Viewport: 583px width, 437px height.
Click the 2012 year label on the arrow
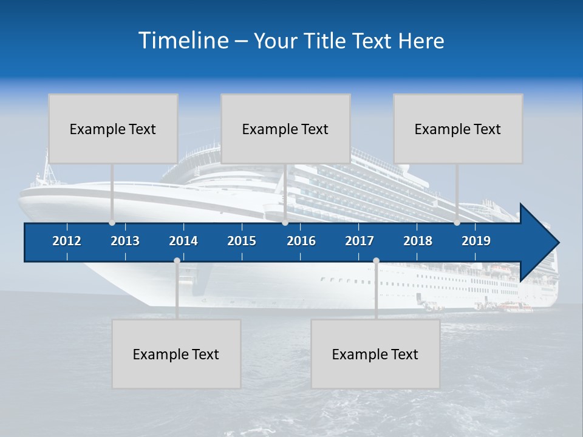[67, 241]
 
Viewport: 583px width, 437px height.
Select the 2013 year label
[125, 241]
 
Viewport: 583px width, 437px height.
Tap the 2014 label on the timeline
[183, 241]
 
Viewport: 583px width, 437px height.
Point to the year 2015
[242, 241]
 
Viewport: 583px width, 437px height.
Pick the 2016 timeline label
[301, 241]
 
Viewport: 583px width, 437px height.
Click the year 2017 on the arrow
[360, 241]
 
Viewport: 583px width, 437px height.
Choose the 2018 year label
[418, 241]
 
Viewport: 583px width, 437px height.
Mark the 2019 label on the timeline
[476, 241]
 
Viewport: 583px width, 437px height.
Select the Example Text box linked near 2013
[113, 129]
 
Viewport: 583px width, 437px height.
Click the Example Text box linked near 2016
[285, 129]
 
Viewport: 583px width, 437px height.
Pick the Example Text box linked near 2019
[458, 129]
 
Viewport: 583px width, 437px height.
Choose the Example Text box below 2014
[176, 354]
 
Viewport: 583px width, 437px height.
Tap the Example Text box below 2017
[375, 354]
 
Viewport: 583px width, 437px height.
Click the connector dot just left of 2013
[112, 223]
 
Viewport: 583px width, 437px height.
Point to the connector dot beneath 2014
[177, 260]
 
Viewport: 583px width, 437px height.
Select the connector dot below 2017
[376, 260]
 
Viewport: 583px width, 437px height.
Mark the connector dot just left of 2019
[457, 223]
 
